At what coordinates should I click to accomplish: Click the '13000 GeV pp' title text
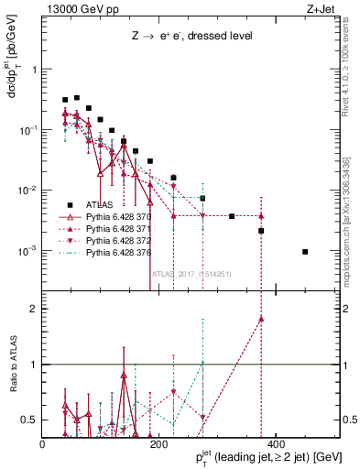(x=79, y=8)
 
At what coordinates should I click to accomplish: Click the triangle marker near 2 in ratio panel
(x=261, y=319)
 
